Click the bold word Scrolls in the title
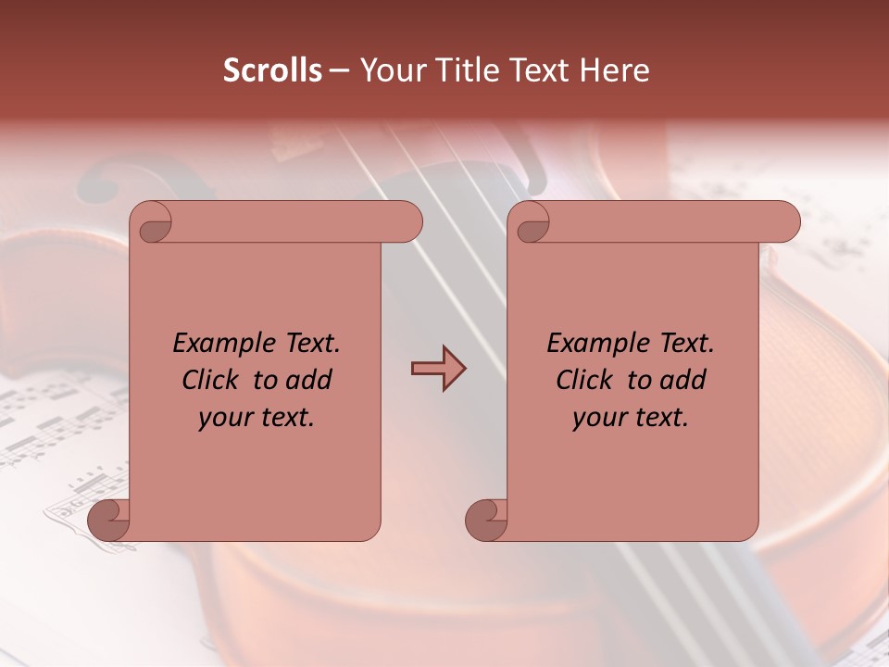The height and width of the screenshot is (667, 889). [273, 70]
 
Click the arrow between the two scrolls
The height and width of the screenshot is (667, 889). [438, 369]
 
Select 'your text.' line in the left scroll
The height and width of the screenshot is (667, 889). [257, 418]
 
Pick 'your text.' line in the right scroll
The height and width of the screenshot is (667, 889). [631, 418]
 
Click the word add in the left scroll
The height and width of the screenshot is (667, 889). [310, 380]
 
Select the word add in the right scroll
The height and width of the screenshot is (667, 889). [684, 380]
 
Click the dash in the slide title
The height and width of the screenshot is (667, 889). [339, 70]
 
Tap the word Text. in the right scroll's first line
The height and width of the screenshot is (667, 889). [686, 344]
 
